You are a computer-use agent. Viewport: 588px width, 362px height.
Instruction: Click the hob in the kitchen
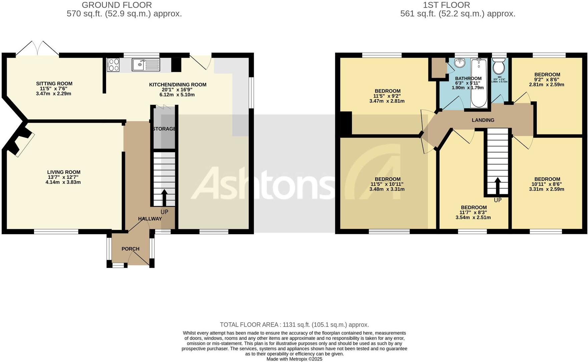[113, 65]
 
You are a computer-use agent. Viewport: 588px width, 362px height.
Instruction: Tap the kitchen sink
[146, 65]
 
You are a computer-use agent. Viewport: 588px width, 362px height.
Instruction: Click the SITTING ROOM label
[54, 84]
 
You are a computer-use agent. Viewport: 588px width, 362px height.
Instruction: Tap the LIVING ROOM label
[63, 172]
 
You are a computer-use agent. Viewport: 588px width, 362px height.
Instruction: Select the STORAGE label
[164, 129]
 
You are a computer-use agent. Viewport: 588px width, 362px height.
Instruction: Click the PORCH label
[130, 249]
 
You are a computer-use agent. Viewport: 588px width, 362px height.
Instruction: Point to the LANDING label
[483, 120]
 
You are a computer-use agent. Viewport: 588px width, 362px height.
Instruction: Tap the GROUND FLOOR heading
[117, 5]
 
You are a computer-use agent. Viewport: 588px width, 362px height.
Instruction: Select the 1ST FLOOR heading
[446, 5]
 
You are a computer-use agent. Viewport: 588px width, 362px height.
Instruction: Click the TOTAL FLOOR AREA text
[294, 325]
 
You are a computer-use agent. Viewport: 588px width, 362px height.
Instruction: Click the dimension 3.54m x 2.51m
[473, 218]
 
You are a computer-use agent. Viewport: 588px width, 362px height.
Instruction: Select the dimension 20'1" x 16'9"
[177, 90]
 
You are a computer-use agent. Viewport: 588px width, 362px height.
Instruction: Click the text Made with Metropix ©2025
[294, 359]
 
